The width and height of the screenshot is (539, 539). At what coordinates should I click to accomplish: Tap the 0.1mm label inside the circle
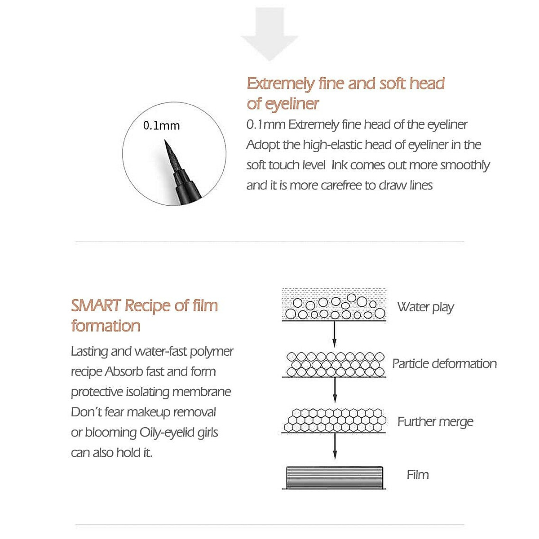coord(161,126)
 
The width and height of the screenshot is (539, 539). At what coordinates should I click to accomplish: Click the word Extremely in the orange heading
coord(280,84)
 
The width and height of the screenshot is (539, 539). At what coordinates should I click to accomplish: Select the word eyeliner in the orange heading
coord(292,104)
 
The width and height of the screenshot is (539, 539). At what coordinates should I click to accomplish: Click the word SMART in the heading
coord(96,305)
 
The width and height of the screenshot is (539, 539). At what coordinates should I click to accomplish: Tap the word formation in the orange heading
coord(106,326)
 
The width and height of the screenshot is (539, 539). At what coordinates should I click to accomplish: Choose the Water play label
coord(425,307)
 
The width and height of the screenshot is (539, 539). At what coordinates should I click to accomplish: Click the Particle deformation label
coord(444,364)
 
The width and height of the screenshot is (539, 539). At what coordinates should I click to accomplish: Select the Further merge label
coord(435,422)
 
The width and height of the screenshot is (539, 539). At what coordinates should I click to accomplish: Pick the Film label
coord(417,475)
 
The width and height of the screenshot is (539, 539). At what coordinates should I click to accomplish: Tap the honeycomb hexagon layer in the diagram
coord(335,420)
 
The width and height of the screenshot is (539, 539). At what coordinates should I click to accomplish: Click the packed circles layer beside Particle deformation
coord(335,364)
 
